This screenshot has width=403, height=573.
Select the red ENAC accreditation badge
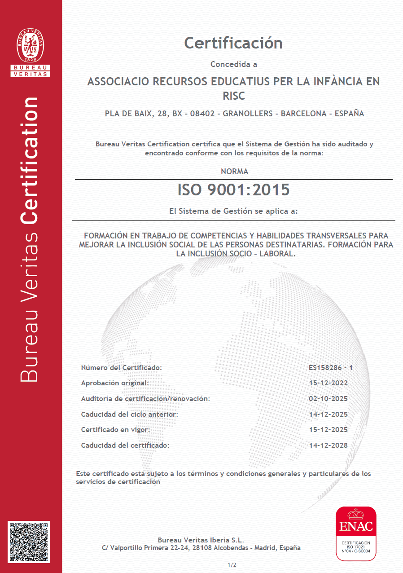pos(356,533)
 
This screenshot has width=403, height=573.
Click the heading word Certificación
pos(233,43)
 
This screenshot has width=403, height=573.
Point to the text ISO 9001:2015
pos(233,190)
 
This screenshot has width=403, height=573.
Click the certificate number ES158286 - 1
pos(331,368)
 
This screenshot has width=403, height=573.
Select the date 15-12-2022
pos(329,383)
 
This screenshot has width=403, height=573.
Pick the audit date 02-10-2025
pos(329,399)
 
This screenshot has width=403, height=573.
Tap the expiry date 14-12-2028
pos(329,445)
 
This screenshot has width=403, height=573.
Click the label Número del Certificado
pos(121,368)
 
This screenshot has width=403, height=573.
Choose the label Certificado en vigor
pos(115,430)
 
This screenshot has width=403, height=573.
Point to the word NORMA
pos(234,172)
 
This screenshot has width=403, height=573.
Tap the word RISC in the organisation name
pos(234,96)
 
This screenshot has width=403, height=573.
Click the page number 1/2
pos(232,564)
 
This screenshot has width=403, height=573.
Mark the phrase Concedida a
pos(234,64)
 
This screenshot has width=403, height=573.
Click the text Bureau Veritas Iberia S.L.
pos(201,540)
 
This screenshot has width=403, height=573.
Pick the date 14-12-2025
pos(329,414)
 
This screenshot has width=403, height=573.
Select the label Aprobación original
pos(114,383)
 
